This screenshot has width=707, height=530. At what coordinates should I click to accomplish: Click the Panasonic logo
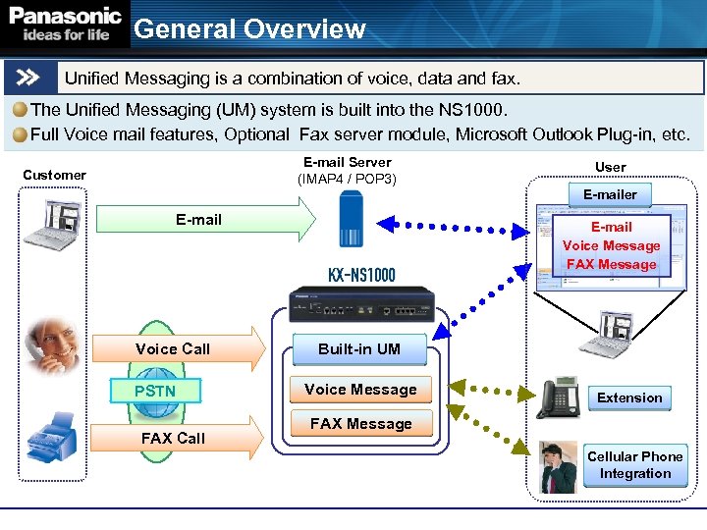click(66, 25)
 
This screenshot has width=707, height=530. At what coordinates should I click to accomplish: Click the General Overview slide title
click(249, 29)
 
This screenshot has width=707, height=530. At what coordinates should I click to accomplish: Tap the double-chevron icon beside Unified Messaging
click(28, 77)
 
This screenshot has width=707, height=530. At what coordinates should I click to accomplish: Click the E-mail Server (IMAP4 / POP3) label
click(347, 171)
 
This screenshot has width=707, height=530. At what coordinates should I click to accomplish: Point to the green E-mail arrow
click(206, 220)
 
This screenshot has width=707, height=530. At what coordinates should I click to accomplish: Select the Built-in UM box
click(359, 348)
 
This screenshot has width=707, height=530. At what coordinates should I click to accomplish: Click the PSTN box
click(155, 391)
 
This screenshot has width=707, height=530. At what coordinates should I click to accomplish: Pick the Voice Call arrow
click(177, 348)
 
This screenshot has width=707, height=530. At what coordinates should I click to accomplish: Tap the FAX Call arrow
click(177, 438)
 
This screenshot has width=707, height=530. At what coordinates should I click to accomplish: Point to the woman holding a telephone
click(51, 344)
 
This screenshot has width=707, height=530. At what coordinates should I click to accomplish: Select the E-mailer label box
click(610, 194)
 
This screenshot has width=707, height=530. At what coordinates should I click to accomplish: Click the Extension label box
click(629, 397)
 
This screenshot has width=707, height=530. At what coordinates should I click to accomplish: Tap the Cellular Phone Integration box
click(635, 465)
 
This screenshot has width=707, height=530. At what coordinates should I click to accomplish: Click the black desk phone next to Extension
click(558, 397)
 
